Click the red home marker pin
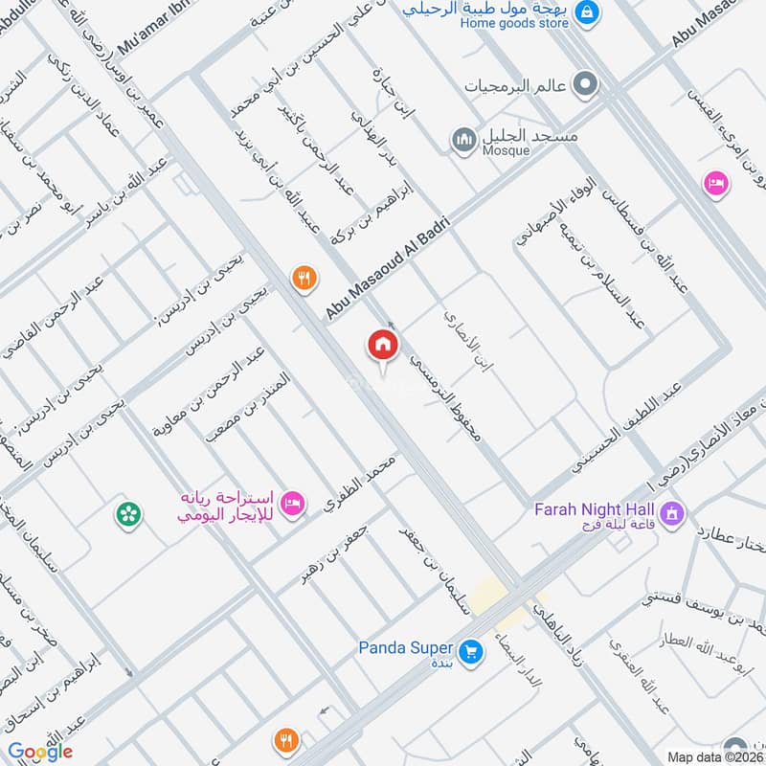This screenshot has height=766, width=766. click(x=383, y=346)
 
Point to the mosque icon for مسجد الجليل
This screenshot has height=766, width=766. click(x=464, y=140)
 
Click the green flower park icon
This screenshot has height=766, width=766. click(x=126, y=514)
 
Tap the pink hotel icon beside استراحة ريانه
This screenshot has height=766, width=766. click(x=295, y=500)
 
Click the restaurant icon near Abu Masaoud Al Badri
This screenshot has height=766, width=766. click(x=304, y=278)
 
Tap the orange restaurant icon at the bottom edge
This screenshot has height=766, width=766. click(x=284, y=740)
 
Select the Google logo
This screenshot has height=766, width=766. click(x=40, y=752)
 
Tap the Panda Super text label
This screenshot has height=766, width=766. click(x=404, y=647)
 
